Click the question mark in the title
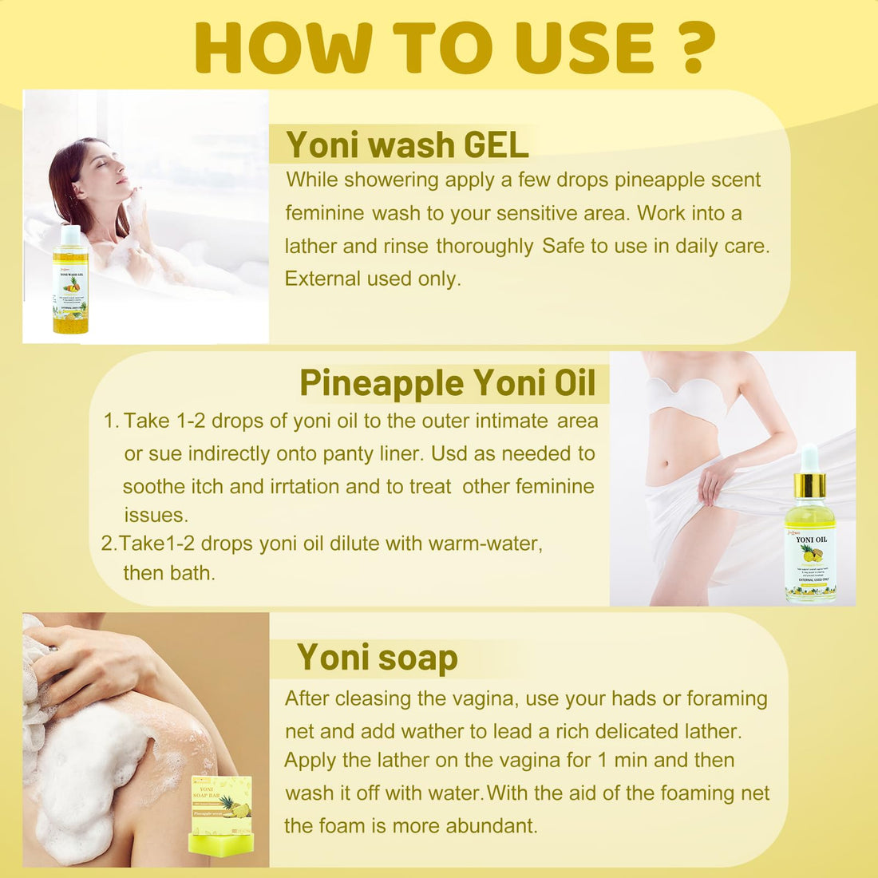(x=688, y=48)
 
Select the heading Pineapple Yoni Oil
(x=448, y=383)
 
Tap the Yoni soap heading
(x=378, y=658)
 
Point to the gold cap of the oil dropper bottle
(x=809, y=484)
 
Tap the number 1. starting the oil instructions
(x=111, y=421)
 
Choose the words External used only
(x=373, y=279)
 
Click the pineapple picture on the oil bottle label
(x=811, y=553)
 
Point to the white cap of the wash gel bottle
(x=70, y=235)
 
